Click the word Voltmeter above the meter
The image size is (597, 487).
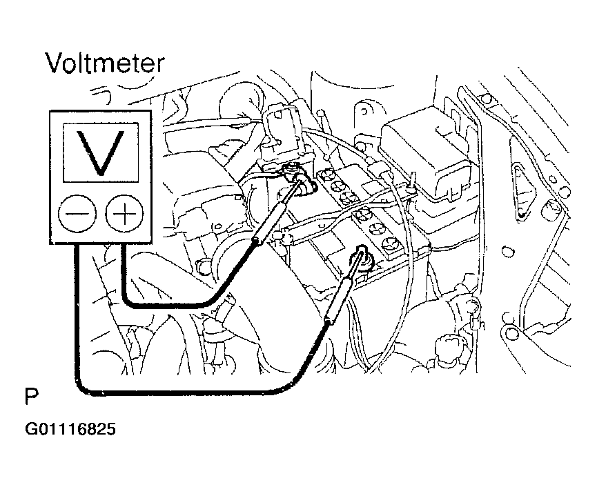[105, 63]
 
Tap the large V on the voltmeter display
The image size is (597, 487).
[101, 152]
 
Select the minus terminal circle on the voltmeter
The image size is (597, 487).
[77, 213]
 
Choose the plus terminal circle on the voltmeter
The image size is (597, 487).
[124, 213]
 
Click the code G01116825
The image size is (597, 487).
[70, 429]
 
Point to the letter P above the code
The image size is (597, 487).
[32, 397]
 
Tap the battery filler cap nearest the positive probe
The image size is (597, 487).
[326, 176]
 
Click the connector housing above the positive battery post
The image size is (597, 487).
[282, 133]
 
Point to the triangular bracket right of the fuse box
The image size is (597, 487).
[521, 190]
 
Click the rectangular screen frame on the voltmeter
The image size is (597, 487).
[101, 123]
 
